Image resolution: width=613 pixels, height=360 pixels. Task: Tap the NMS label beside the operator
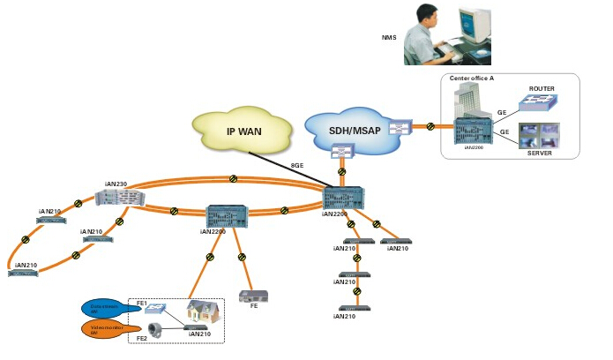[x=388, y=38]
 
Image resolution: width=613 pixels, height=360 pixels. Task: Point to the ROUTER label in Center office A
[x=541, y=89]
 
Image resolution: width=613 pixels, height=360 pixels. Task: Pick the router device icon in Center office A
[x=537, y=105]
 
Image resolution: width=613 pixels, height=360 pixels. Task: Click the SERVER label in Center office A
[x=539, y=153]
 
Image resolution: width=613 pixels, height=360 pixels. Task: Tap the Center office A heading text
[x=472, y=79]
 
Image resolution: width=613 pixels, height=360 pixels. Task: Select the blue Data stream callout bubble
[x=104, y=308]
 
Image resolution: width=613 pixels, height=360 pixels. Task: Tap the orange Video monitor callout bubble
[x=104, y=331]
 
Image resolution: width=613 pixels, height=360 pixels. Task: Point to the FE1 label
[x=140, y=303]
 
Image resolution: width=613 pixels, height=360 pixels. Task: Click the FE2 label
[x=140, y=338]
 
